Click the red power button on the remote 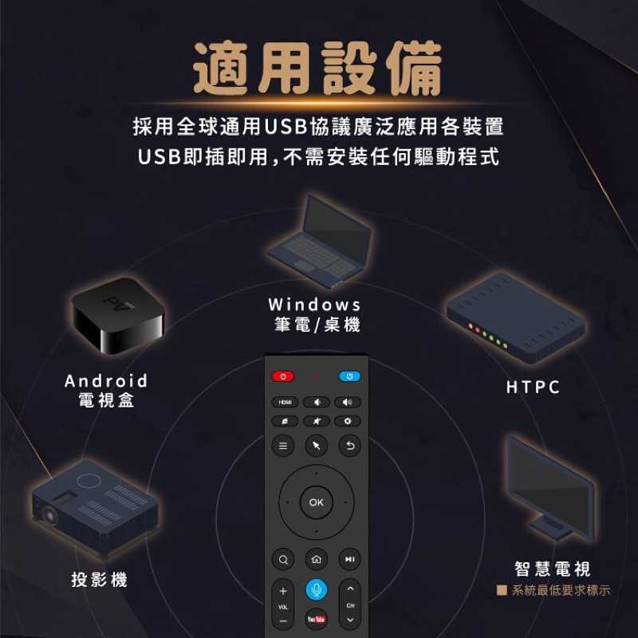click(282, 376)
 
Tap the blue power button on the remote click(349, 376)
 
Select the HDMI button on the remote click(285, 403)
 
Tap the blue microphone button click(316, 589)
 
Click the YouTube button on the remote click(316, 620)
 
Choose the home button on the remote click(316, 560)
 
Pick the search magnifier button click(283, 560)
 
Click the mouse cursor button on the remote click(316, 446)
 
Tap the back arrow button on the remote click(349, 446)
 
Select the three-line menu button click(283, 446)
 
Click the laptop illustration click(320, 242)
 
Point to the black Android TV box click(117, 315)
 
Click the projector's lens click(49, 515)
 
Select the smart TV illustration click(550, 488)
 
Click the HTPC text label click(533, 387)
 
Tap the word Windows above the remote click(314, 305)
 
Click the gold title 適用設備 click(317, 69)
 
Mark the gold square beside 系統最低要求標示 click(502, 590)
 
